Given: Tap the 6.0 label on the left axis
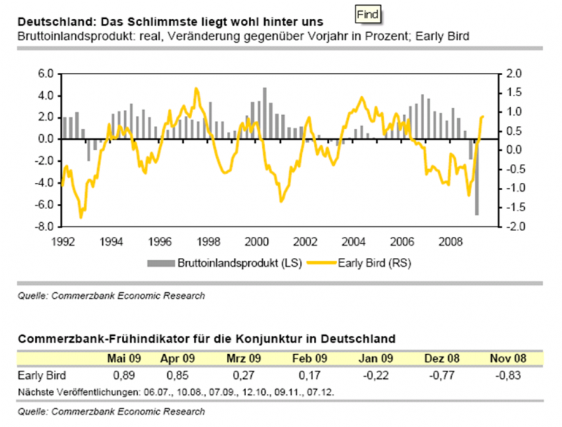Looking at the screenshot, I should [x=45, y=74].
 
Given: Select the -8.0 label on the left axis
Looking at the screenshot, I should [x=44, y=227].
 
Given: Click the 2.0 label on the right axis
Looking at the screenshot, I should [x=514, y=74].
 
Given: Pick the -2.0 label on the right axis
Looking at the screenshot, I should [x=512, y=227].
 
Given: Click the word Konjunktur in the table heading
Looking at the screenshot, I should [x=282, y=338].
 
